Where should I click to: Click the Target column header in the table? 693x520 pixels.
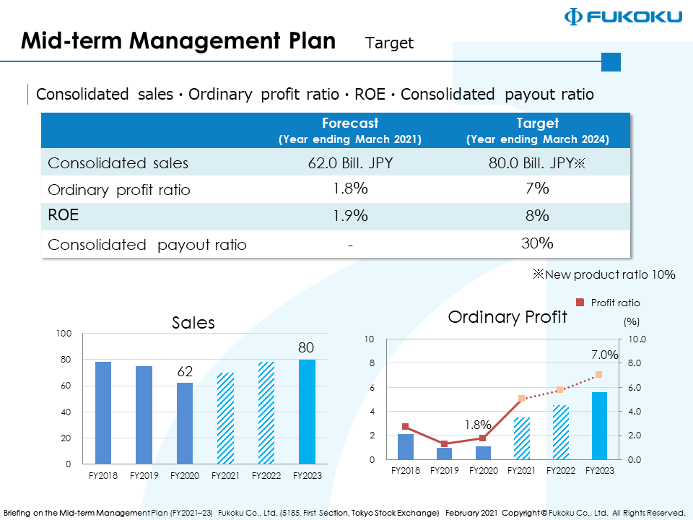pyautogui.click(x=537, y=130)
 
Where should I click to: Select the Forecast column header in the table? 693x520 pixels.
pyautogui.click(x=350, y=130)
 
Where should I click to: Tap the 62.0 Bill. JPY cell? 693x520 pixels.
pyautogui.click(x=350, y=162)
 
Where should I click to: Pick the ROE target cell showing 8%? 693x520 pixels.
pyautogui.click(x=537, y=215)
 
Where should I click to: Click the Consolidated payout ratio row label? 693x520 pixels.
pyautogui.click(x=147, y=245)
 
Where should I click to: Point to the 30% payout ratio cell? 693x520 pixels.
pyautogui.click(x=537, y=243)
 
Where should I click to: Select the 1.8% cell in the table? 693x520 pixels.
pyautogui.click(x=350, y=188)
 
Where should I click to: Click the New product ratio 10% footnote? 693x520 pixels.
pyautogui.click(x=604, y=274)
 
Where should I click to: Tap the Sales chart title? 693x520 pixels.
pyautogui.click(x=193, y=322)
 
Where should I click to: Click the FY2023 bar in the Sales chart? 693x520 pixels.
pyautogui.click(x=307, y=412)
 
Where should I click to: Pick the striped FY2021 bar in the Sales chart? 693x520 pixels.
pyautogui.click(x=225, y=418)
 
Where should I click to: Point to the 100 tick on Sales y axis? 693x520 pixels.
pyautogui.click(x=64, y=334)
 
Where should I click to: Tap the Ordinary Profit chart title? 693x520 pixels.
pyautogui.click(x=507, y=316)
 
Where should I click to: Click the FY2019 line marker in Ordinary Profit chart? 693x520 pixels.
pyautogui.click(x=445, y=443)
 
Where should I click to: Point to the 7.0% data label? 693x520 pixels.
pyautogui.click(x=604, y=355)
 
